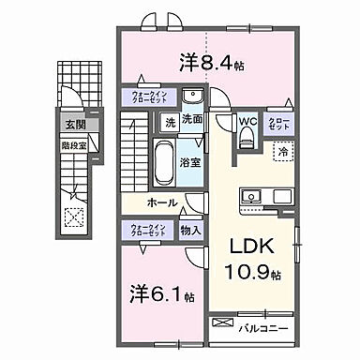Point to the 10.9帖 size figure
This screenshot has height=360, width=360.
[x=254, y=274]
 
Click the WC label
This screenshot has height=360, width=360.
[x=247, y=120]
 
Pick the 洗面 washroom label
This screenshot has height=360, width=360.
[x=192, y=120]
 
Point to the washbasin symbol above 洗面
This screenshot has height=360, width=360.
[x=192, y=97]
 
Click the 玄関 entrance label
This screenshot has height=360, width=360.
[x=75, y=123]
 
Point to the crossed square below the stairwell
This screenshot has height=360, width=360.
[x=74, y=213]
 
